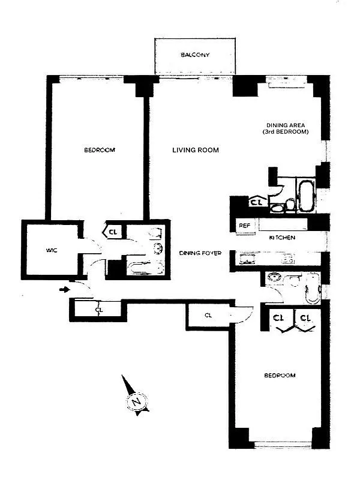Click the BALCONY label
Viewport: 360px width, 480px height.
(x=195, y=56)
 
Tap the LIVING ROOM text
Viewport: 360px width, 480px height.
(x=195, y=150)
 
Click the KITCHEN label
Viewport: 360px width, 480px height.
(x=281, y=238)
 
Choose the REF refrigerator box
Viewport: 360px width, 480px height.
(x=245, y=226)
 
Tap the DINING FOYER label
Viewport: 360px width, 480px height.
(x=200, y=254)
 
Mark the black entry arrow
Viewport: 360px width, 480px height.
(x=64, y=291)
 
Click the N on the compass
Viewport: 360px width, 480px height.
(x=137, y=401)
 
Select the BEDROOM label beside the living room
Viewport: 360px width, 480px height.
(x=99, y=150)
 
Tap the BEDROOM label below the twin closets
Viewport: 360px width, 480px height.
(x=280, y=376)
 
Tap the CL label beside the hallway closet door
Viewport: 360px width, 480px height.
(x=208, y=315)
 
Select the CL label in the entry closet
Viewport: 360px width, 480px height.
(x=99, y=310)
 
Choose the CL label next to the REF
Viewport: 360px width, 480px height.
(x=257, y=203)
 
